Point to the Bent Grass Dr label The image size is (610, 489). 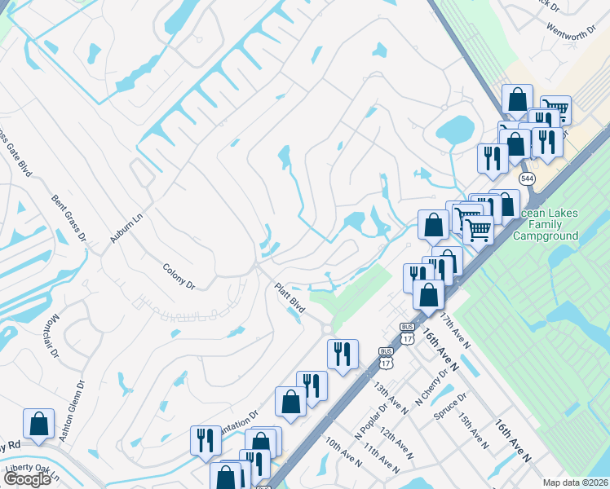click(x=69, y=218)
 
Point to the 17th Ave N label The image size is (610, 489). click(x=455, y=328)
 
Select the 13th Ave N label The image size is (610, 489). click(x=391, y=395)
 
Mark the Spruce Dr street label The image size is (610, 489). click(x=450, y=407)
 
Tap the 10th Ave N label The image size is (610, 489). click(x=343, y=452)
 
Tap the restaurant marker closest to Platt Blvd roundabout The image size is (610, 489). click(x=343, y=355)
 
